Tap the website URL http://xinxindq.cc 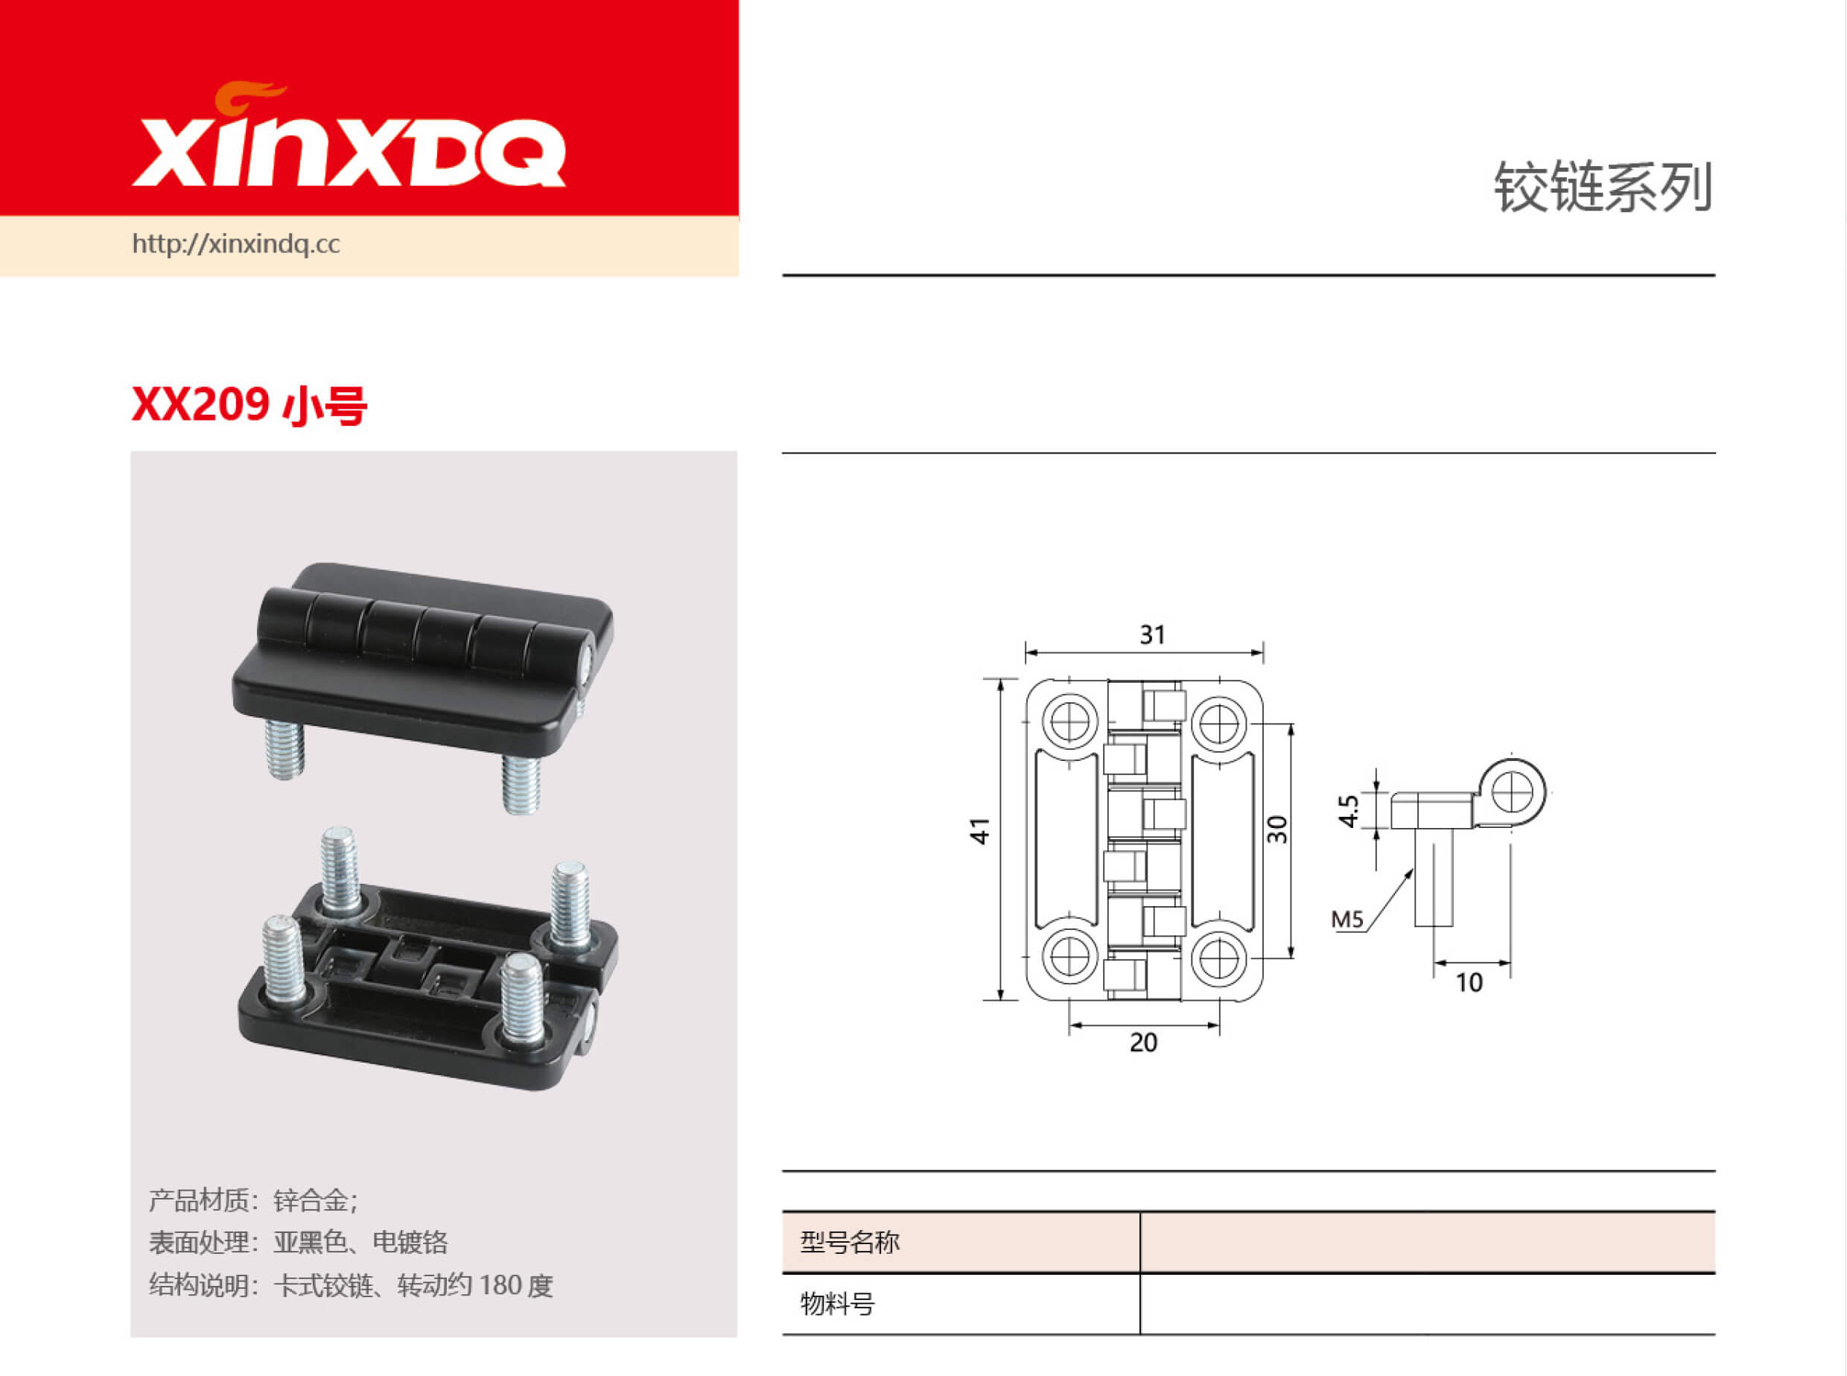click(x=236, y=244)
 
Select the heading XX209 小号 click(x=249, y=405)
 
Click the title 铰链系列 click(x=1602, y=188)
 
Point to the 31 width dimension click(x=1152, y=634)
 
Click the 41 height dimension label click(x=981, y=830)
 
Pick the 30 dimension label click(x=1277, y=829)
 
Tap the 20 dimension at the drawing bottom click(x=1143, y=1042)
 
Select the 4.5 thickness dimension click(x=1348, y=810)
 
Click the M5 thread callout click(x=1347, y=920)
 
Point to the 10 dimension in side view click(x=1469, y=983)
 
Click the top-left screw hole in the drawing click(x=1069, y=722)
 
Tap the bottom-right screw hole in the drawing click(x=1219, y=958)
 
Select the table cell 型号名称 click(x=850, y=1242)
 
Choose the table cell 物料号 click(x=837, y=1304)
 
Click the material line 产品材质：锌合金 click(x=253, y=1200)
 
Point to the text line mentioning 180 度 click(x=351, y=1285)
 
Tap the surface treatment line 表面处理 click(x=298, y=1242)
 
